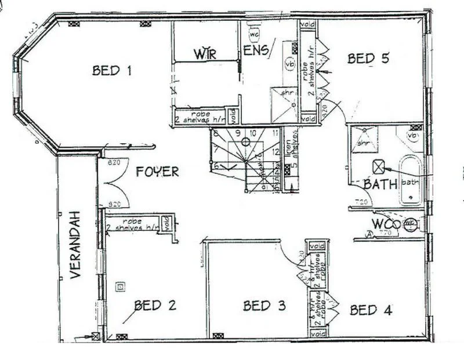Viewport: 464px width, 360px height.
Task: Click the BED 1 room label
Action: click(x=112, y=71)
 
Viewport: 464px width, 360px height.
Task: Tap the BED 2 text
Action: click(x=155, y=305)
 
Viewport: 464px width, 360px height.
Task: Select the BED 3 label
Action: click(x=264, y=306)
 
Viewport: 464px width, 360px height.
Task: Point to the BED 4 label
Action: click(x=371, y=310)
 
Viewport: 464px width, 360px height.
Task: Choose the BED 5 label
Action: click(x=368, y=58)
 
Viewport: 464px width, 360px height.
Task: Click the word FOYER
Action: click(x=157, y=172)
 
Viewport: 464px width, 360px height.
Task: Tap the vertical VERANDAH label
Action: click(x=76, y=245)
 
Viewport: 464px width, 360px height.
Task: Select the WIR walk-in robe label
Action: click(x=205, y=54)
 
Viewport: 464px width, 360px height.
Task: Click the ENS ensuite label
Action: click(x=256, y=50)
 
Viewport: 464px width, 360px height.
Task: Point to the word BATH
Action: click(x=380, y=184)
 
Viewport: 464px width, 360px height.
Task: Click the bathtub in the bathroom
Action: click(x=411, y=179)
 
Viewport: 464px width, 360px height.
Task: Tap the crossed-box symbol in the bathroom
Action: click(x=378, y=167)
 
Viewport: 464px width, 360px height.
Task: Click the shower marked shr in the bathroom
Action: click(x=364, y=140)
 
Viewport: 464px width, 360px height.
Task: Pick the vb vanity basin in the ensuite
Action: click(x=289, y=64)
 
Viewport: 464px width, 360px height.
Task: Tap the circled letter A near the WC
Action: click(x=369, y=234)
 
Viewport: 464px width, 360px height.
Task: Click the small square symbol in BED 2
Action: click(x=120, y=285)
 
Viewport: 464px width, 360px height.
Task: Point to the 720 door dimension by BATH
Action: click(x=361, y=202)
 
